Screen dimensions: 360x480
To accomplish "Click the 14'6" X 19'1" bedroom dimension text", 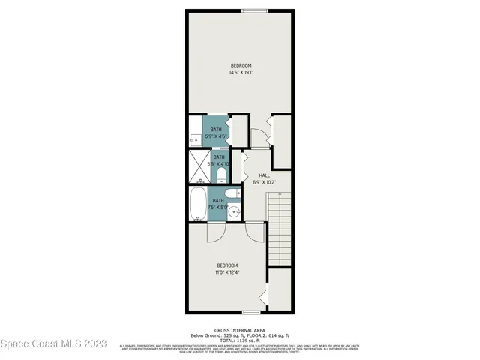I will [x=240, y=73].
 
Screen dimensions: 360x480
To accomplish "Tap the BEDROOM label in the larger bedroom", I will [x=240, y=65].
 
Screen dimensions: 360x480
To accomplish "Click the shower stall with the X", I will [x=200, y=167].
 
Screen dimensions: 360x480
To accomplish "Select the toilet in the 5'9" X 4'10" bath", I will [x=221, y=175].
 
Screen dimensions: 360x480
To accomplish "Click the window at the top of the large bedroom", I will [x=254, y=10].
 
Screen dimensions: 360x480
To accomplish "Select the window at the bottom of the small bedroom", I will [x=251, y=311].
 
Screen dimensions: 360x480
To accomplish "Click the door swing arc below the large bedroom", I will [x=259, y=136].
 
